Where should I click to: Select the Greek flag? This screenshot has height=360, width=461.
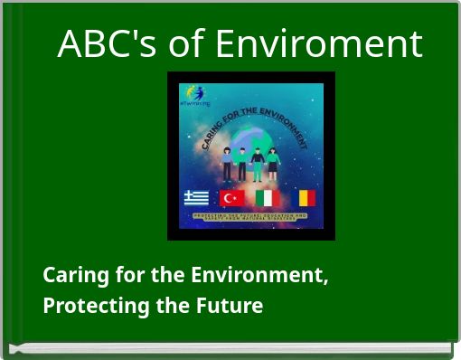(196, 197)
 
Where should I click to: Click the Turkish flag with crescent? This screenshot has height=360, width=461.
(231, 197)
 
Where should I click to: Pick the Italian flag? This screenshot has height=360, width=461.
(267, 197)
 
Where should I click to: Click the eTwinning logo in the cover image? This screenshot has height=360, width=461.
(195, 96)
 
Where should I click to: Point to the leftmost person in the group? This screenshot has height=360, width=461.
(227, 164)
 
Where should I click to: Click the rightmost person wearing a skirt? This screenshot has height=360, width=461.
(273, 165)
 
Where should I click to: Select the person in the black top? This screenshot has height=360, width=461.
(258, 164)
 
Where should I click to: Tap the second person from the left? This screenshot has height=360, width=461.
(242, 163)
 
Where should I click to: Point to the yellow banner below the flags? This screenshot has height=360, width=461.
(250, 218)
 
